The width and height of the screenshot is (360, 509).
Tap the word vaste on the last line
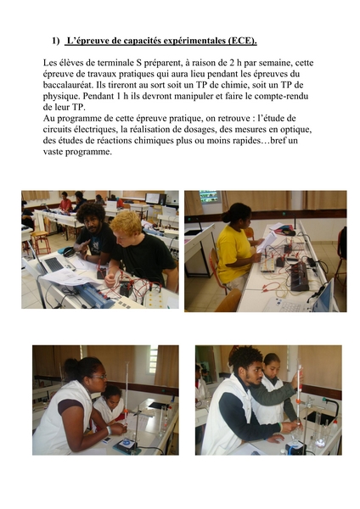pyautogui.click(x=53, y=152)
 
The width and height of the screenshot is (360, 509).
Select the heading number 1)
pyautogui.click(x=56, y=41)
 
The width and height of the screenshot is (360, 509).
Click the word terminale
pyautogui.click(x=115, y=63)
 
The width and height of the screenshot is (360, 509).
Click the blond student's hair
pyautogui.click(x=126, y=223)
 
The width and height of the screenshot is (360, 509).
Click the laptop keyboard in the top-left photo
pyautogui.click(x=54, y=265)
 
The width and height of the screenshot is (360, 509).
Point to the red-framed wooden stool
pyautogui.click(x=42, y=242)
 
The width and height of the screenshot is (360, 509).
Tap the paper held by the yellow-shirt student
pyautogui.click(x=267, y=242)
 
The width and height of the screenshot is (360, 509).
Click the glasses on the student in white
pyautogui.click(x=99, y=377)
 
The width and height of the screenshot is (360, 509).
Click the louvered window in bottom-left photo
pyautogui.click(x=153, y=360)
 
